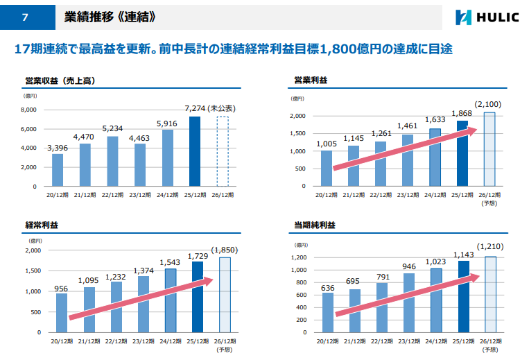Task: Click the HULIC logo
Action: (x=487, y=17)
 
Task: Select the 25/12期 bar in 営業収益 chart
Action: (x=195, y=151)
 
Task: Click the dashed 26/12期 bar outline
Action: (x=223, y=151)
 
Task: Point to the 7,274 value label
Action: (x=195, y=108)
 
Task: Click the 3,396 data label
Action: (x=58, y=148)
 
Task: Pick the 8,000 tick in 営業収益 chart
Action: (x=28, y=110)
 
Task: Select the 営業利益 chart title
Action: (x=311, y=80)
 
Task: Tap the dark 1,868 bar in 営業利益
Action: (x=462, y=153)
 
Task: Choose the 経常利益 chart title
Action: (x=42, y=225)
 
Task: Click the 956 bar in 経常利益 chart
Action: (x=62, y=313)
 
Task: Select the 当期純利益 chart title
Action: (x=315, y=225)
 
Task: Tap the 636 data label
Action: (x=327, y=288)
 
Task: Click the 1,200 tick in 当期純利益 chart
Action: (x=299, y=257)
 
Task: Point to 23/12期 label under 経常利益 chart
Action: (x=143, y=341)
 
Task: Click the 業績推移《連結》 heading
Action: (x=110, y=17)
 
